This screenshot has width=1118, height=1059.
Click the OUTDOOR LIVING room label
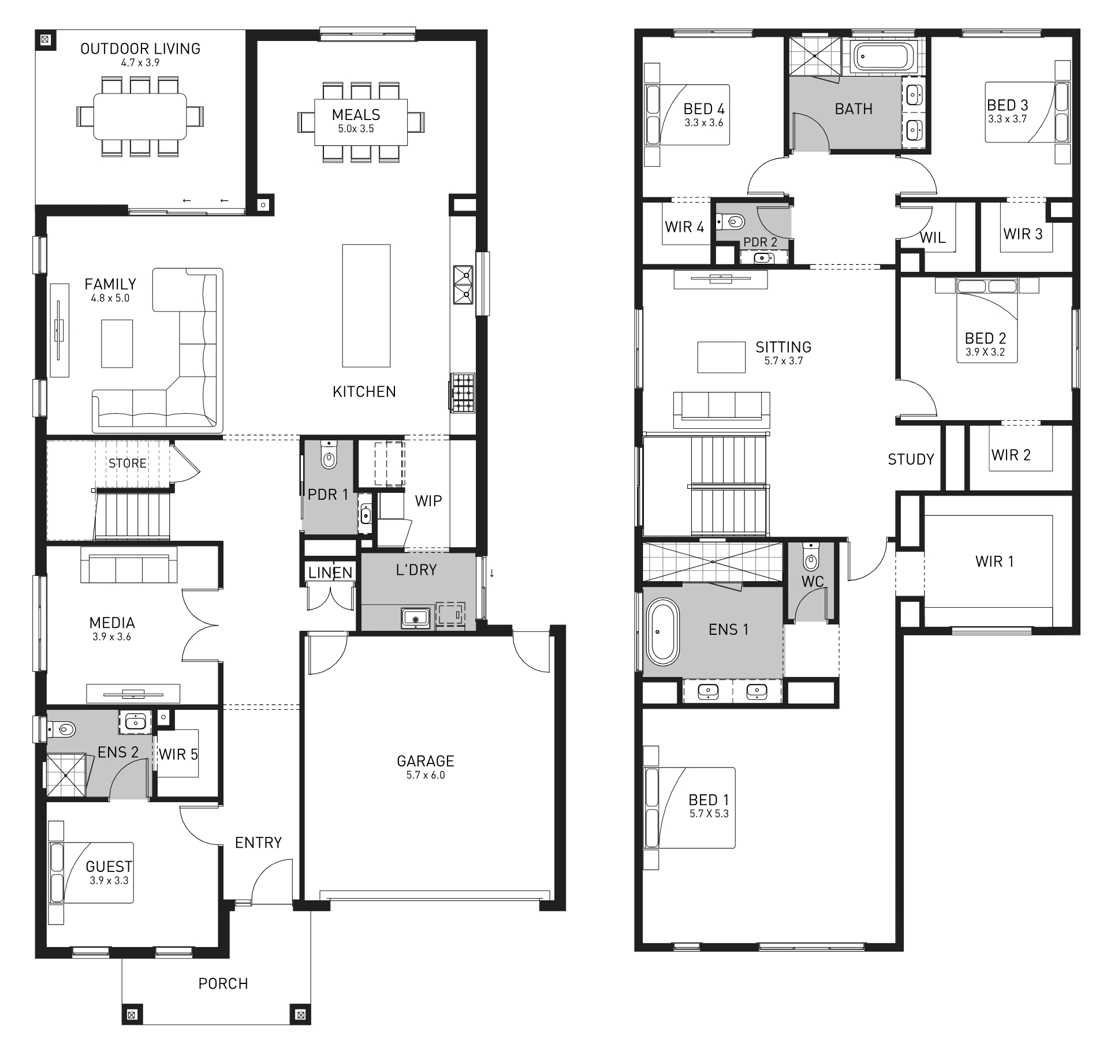tap(140, 48)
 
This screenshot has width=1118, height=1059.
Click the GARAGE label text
tap(426, 761)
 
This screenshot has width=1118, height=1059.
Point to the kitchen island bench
tap(366, 306)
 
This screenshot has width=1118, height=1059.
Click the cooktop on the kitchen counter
tap(463, 393)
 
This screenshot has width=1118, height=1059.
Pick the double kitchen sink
tap(463, 285)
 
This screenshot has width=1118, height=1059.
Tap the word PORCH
tap(223, 983)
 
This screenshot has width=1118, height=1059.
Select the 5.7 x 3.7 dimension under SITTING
tap(784, 361)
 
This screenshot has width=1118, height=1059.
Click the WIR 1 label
tap(994, 561)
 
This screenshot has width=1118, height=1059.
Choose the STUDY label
tap(911, 459)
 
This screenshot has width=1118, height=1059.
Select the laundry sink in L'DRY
tap(415, 618)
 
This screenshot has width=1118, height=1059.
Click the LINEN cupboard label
tap(330, 572)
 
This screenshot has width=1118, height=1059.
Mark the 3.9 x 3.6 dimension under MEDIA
tap(112, 637)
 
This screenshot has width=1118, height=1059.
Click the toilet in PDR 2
tap(731, 220)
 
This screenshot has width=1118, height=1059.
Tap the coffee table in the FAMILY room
tap(117, 343)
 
